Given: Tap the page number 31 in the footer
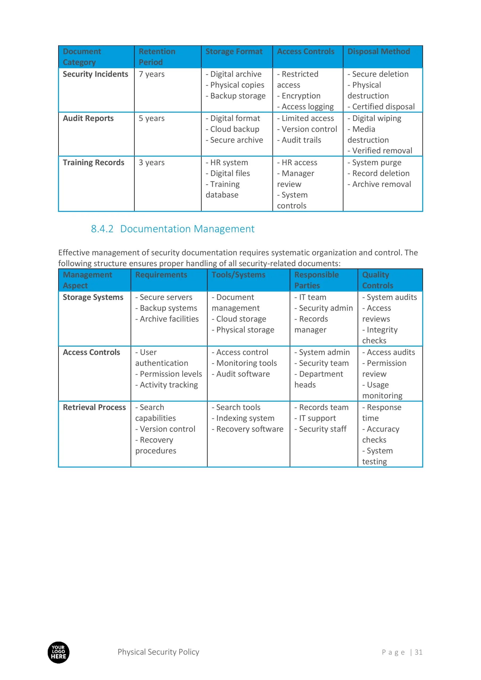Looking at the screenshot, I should point(418,652).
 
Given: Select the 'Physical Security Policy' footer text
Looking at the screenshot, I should point(158,652).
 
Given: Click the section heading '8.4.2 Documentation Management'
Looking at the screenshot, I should point(172,229).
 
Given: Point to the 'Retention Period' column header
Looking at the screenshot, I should point(157,57).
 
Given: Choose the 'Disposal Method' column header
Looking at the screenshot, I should point(378,52).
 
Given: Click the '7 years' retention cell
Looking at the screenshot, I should point(152,74).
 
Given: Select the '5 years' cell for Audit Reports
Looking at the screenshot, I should point(152,118).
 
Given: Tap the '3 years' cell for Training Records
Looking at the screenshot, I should point(152,162).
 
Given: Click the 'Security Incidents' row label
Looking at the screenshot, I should point(95,74).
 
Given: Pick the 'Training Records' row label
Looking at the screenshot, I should point(93,162).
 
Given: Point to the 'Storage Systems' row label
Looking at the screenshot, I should point(93,297).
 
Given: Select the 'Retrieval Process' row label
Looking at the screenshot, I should point(94,407).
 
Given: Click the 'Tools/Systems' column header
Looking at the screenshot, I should point(238,275).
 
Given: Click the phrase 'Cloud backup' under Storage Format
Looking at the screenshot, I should point(235,129).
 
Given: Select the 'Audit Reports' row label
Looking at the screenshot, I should point(88,118).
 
